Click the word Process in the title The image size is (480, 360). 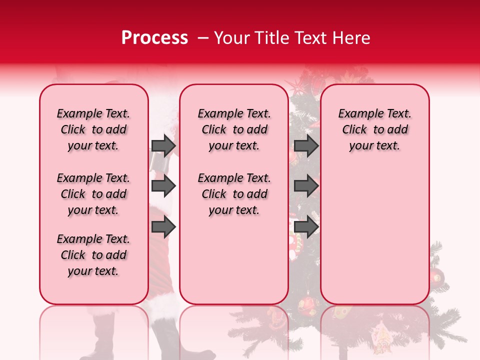154,38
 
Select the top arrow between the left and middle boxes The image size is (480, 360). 163,145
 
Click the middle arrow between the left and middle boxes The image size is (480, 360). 163,186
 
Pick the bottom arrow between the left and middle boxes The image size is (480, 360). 163,227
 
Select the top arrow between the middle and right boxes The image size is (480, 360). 306,145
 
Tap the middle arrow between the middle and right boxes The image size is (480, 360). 306,186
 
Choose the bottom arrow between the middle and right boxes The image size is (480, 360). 306,227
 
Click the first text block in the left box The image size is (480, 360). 93,129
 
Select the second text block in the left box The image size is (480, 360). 93,194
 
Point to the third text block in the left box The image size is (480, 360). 93,255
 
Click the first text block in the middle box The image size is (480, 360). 234,129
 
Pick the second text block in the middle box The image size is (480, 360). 234,194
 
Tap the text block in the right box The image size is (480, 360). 375,129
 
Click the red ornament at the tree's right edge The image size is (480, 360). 436,275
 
